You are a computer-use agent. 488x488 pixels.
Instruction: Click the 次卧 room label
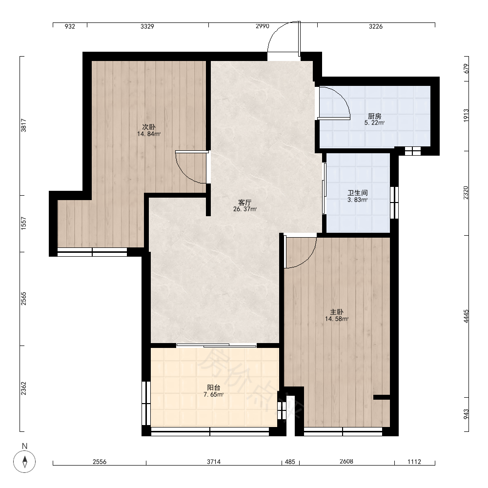149,127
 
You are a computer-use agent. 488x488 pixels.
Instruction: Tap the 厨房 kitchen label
374,116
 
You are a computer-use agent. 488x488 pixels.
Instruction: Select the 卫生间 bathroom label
358,193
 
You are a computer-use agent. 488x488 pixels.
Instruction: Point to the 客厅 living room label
245,203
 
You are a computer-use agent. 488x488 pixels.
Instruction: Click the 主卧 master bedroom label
337,312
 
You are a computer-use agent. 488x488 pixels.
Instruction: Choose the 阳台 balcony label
214,387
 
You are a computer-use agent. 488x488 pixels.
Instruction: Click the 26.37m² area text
245,209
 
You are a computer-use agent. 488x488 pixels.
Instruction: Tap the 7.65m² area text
214,395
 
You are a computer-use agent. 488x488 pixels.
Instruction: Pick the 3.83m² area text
358,200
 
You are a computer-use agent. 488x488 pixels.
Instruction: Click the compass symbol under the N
24,461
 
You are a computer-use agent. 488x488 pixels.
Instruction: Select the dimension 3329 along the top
147,26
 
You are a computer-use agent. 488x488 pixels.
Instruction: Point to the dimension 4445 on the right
466,316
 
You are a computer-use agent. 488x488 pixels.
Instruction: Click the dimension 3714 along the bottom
214,462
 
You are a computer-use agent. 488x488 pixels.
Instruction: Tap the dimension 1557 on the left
23,224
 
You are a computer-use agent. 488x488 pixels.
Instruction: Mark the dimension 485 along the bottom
290,462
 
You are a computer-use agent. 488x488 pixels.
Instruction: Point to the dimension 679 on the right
466,68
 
